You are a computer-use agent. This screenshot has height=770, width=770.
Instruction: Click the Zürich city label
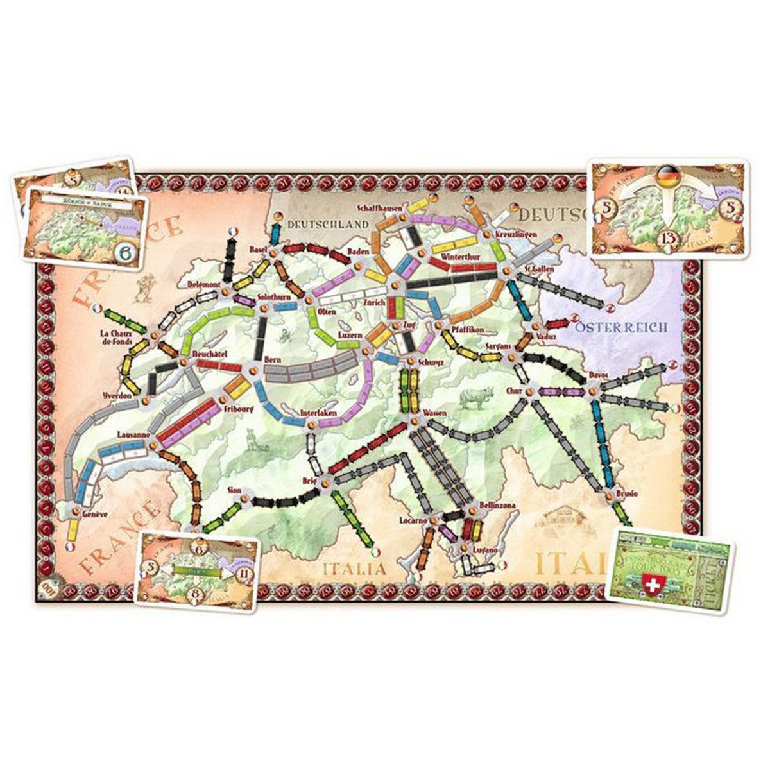[374, 302]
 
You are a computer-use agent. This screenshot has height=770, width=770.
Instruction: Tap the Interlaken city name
[319, 413]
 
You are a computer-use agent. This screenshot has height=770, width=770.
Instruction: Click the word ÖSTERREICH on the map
[621, 327]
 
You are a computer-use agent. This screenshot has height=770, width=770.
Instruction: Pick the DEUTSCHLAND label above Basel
[328, 224]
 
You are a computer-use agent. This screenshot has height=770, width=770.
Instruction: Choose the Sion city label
[235, 490]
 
